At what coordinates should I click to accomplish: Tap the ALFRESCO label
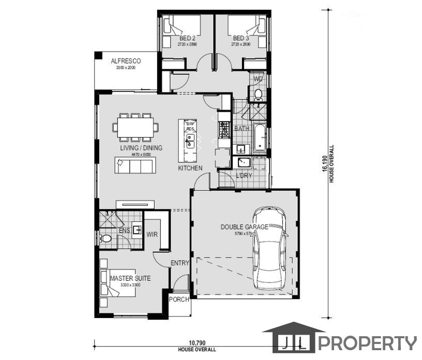click(x=126, y=61)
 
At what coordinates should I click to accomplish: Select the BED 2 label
click(x=187, y=38)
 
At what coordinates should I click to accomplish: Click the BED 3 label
click(x=240, y=38)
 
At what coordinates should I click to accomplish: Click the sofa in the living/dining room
click(x=135, y=166)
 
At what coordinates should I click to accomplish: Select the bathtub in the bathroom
click(x=259, y=137)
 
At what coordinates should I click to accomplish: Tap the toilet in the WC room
click(x=257, y=95)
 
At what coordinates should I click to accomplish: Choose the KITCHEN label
click(x=190, y=169)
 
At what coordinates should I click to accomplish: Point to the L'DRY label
click(x=244, y=176)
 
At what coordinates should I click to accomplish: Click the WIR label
click(x=152, y=234)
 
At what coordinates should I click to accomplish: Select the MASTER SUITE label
click(x=130, y=278)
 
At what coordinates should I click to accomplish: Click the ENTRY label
click(x=180, y=263)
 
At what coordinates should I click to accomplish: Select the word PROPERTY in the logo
click(x=367, y=343)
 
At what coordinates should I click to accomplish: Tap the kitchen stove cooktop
click(x=224, y=130)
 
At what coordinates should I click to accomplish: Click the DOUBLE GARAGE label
click(x=244, y=227)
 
